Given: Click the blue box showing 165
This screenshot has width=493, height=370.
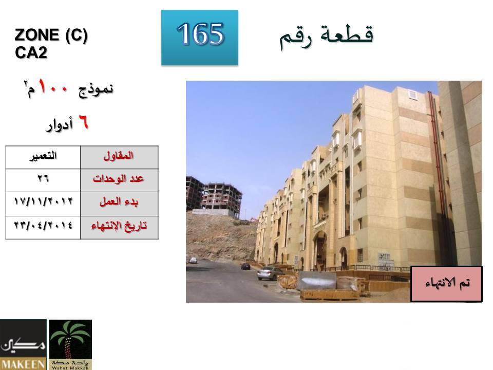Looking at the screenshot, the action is (x=200, y=38).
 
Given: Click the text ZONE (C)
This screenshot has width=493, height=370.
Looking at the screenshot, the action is (x=51, y=35).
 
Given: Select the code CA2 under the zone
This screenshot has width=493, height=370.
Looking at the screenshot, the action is (x=31, y=52).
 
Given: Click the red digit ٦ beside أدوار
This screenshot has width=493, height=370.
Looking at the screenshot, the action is (x=83, y=122).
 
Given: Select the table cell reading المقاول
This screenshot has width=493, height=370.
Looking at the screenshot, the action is (x=119, y=157).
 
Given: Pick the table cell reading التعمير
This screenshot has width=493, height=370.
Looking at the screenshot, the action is (x=43, y=157).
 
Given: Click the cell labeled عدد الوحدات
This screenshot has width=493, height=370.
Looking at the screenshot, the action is (x=119, y=180).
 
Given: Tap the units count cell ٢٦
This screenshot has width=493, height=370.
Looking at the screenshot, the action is (x=43, y=180).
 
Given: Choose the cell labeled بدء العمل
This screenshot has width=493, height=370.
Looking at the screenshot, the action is (x=119, y=204).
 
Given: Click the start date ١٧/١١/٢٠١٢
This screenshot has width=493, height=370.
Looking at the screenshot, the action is (x=43, y=201).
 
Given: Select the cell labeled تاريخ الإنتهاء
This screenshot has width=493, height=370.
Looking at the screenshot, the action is (x=119, y=228).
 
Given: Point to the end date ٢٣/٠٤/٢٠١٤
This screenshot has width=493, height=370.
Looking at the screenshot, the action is (x=43, y=225).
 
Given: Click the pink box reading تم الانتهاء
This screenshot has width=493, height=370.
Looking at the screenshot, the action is (x=446, y=284).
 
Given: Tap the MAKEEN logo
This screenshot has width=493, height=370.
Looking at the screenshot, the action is (x=23, y=344).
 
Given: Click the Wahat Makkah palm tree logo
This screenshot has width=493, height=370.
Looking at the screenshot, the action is (x=70, y=344).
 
